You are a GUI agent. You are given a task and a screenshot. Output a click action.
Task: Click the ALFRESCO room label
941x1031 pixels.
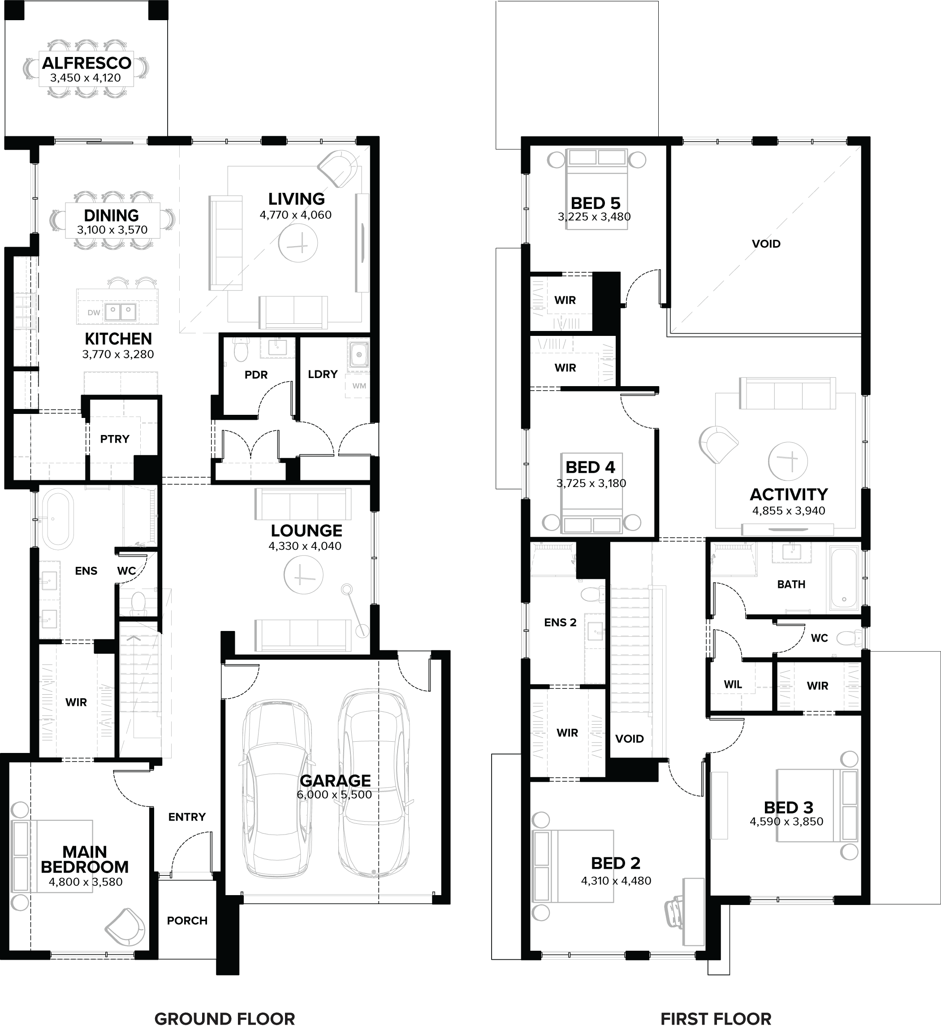[x=86, y=63]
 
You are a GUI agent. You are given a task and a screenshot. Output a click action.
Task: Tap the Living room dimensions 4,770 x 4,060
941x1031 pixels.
[x=295, y=215]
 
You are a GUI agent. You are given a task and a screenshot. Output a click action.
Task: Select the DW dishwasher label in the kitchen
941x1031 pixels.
[x=94, y=313]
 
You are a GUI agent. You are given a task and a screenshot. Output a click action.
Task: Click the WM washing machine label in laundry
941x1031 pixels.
[x=359, y=386]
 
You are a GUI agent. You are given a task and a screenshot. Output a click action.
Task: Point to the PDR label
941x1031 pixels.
[x=255, y=375]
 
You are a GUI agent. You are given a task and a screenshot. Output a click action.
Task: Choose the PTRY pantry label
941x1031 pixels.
[x=115, y=439]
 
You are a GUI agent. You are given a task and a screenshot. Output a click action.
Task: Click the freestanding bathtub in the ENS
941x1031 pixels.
[x=57, y=518]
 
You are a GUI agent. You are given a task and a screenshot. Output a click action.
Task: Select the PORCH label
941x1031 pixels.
[x=187, y=921]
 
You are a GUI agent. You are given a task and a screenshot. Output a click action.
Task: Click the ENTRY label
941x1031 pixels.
[x=186, y=817]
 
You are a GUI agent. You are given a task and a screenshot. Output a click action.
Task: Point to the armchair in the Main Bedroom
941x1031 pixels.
[x=125, y=926]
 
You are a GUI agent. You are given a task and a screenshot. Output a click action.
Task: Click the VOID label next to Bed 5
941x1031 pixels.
[x=766, y=244]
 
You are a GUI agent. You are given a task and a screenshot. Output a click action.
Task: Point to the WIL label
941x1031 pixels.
[x=733, y=684]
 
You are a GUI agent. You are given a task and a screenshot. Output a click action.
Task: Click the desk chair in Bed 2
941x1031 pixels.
[x=675, y=911]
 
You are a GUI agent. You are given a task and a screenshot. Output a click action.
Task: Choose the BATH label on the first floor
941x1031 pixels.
[x=791, y=584]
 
